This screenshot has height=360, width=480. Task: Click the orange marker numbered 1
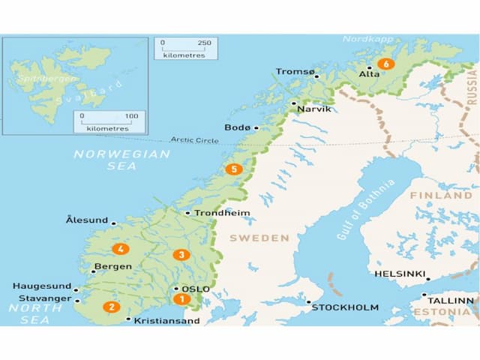point(180,298)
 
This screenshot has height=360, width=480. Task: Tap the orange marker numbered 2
point(112,306)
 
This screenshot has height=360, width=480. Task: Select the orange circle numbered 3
point(180,255)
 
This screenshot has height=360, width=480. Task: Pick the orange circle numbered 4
point(119,249)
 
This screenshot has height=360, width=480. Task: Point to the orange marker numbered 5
point(235,169)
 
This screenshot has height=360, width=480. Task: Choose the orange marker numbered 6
point(386,64)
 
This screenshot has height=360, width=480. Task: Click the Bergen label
point(112,266)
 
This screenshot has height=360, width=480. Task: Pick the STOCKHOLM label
point(345,307)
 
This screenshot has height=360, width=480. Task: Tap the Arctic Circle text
point(194,139)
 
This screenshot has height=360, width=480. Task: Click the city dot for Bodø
point(256,127)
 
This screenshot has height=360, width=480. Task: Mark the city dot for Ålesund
point(113,223)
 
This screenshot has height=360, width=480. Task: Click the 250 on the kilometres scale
point(205,43)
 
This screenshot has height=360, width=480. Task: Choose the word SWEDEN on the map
point(259,238)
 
